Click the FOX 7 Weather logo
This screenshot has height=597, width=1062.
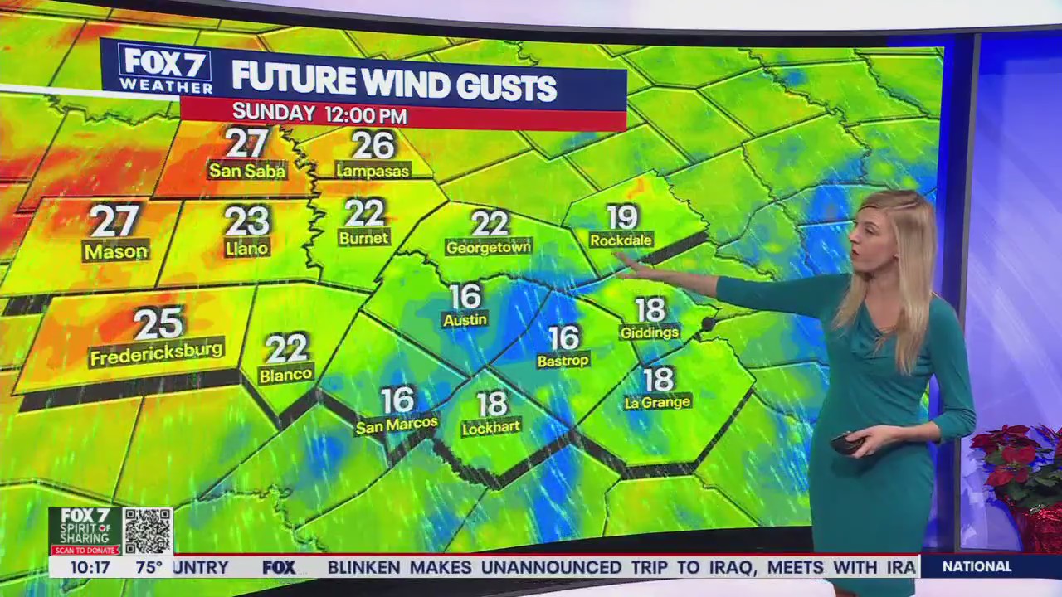pyautogui.click(x=165, y=69)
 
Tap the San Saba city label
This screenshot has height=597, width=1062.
pyautogui.click(x=247, y=171)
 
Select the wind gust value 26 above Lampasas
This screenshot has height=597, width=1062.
pyautogui.click(x=373, y=145)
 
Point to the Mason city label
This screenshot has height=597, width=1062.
pyautogui.click(x=115, y=250)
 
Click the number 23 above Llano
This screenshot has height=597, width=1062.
pyautogui.click(x=247, y=221)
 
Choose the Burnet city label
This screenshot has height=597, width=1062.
pyautogui.click(x=363, y=238)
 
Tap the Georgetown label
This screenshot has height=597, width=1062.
pyautogui.click(x=489, y=247)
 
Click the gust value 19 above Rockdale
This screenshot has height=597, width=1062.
pyautogui.click(x=621, y=217)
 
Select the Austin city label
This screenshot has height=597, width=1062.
pyautogui.click(x=465, y=319)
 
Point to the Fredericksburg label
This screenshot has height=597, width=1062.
pyautogui.click(x=157, y=354)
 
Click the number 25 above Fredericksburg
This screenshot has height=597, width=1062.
pyautogui.click(x=158, y=324)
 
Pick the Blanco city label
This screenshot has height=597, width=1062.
pyautogui.click(x=285, y=375)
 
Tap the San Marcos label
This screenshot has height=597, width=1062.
pyautogui.click(x=397, y=425)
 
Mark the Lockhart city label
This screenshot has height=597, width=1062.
pyautogui.click(x=492, y=427)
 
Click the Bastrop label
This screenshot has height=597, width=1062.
pyautogui.click(x=563, y=361)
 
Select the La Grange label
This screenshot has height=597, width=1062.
pyautogui.click(x=658, y=403)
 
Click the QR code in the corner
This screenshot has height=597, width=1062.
pyautogui.click(x=148, y=531)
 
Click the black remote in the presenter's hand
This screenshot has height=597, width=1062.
pyautogui.click(x=846, y=444)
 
